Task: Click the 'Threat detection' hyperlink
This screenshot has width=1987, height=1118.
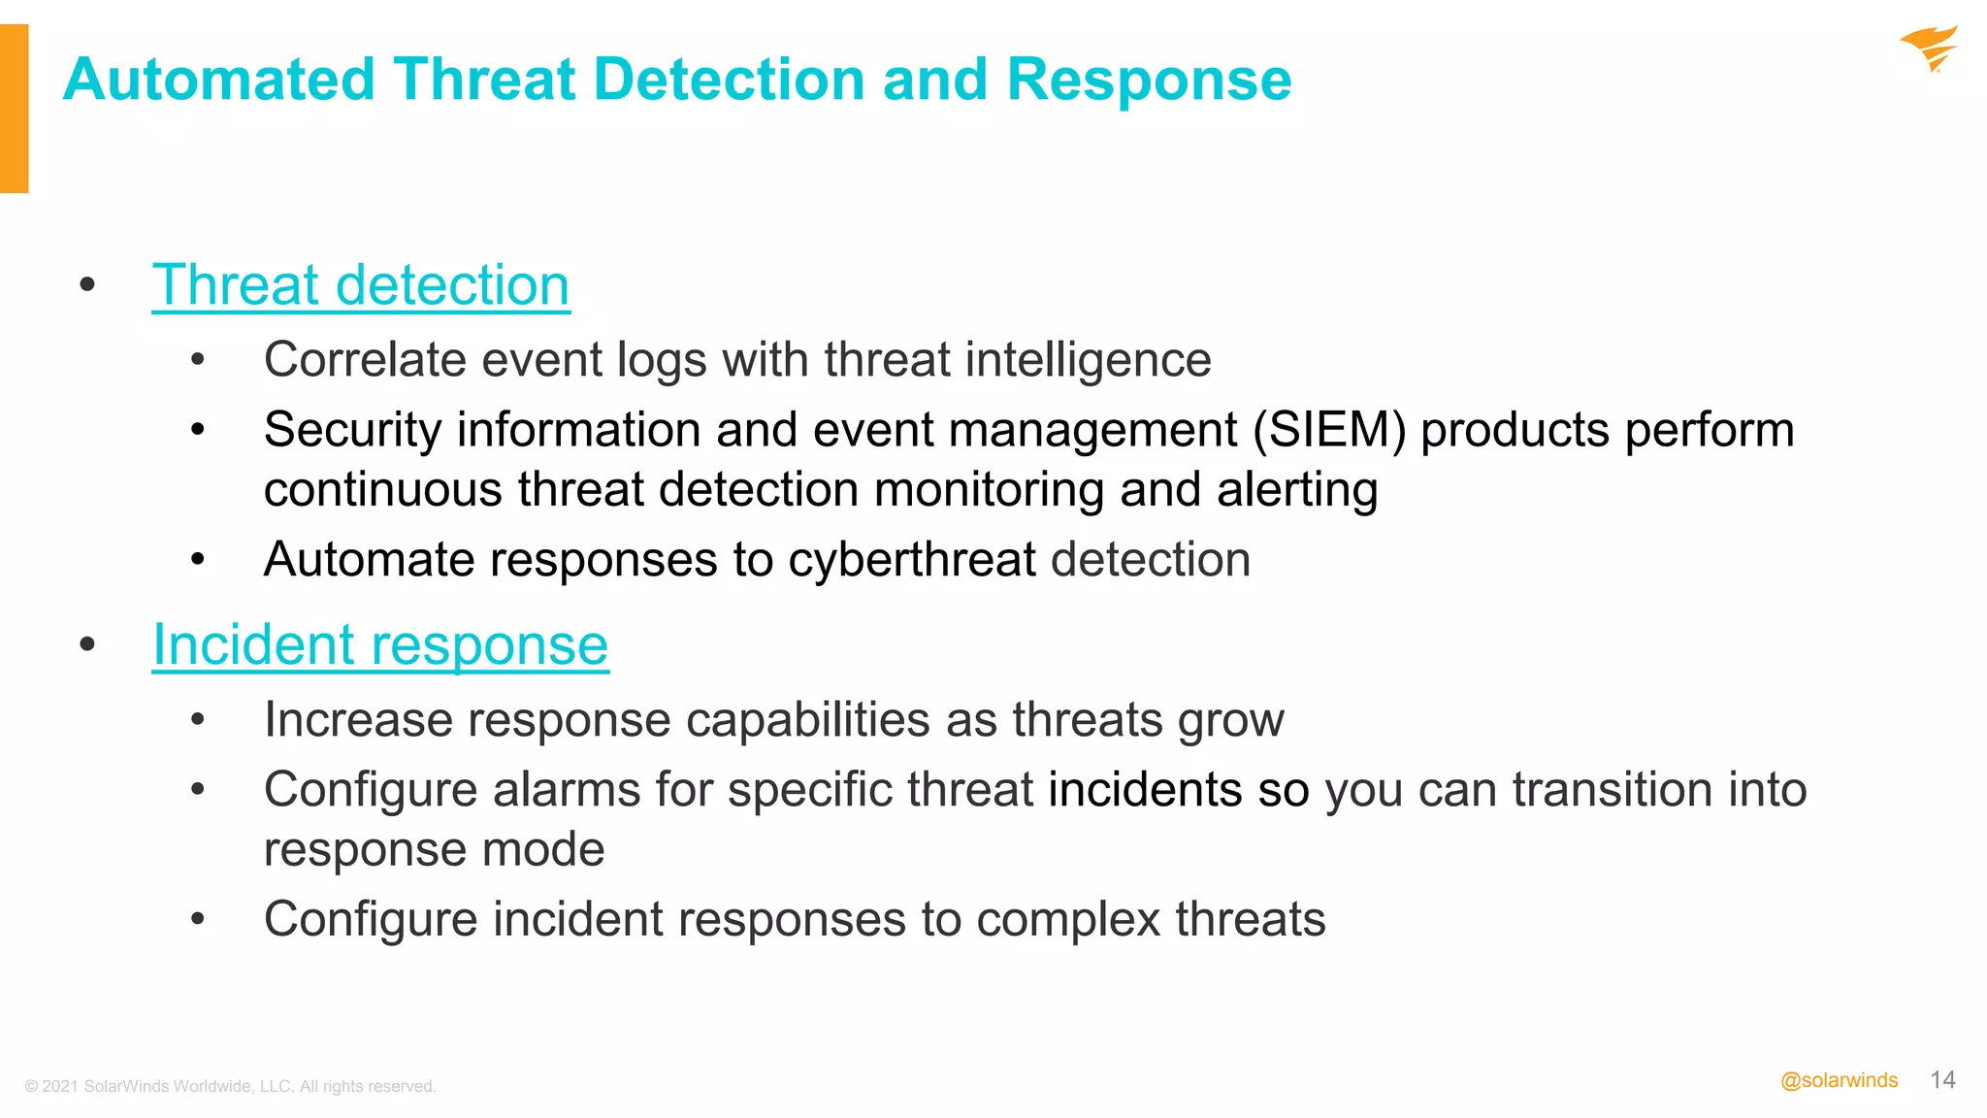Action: [x=361, y=285]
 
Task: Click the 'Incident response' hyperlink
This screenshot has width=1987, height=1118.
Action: [x=380, y=645]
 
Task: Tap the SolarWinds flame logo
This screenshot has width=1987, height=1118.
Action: [x=1929, y=49]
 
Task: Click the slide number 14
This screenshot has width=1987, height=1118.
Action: [x=1942, y=1080]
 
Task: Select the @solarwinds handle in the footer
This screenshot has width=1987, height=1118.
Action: [x=1839, y=1081]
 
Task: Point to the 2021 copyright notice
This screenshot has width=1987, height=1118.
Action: [x=230, y=1086]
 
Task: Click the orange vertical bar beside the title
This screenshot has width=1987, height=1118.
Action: [x=14, y=109]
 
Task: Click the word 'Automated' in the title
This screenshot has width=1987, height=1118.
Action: [x=219, y=80]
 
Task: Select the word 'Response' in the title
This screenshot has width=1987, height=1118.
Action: [x=1149, y=80]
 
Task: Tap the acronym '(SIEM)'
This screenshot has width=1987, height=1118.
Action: [x=1329, y=430]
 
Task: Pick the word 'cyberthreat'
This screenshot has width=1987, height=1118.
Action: [x=912, y=560]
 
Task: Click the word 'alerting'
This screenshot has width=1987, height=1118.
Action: [x=1296, y=489]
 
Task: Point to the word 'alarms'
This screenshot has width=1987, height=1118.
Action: [x=567, y=789]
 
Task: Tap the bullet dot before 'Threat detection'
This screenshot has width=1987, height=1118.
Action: [x=87, y=284]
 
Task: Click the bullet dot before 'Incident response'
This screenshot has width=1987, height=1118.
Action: [x=87, y=644]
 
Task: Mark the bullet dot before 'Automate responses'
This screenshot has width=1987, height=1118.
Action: [x=198, y=560]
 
